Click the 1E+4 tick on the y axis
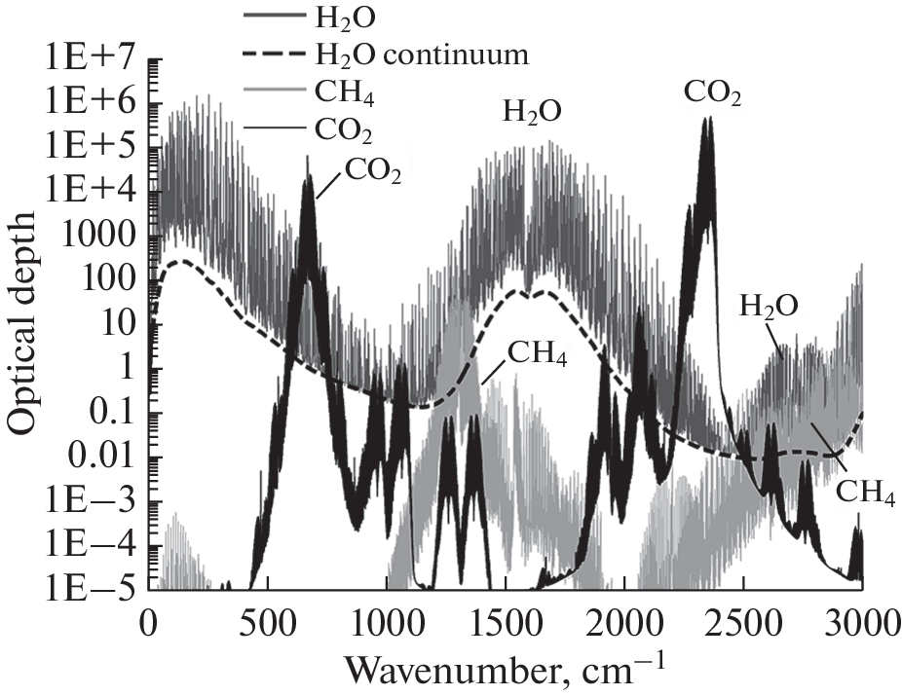(x=86, y=192)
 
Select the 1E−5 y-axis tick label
(x=86, y=591)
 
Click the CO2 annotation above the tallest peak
(x=712, y=95)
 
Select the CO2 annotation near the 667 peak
(x=371, y=175)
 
